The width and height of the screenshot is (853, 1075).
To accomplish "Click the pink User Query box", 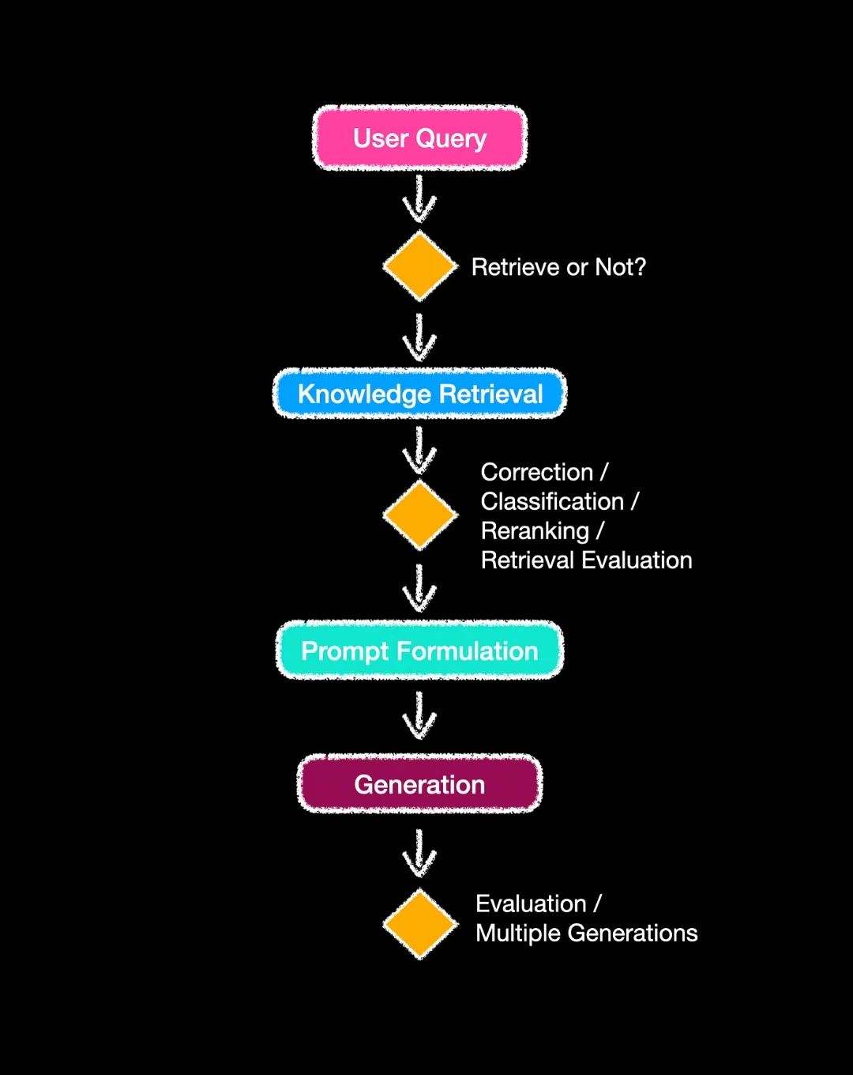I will tap(419, 138).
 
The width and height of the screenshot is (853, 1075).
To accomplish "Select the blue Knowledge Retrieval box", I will tap(419, 394).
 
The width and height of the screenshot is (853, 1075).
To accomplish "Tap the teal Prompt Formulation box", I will tap(419, 651).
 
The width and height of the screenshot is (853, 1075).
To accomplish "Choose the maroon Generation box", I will tap(419, 784).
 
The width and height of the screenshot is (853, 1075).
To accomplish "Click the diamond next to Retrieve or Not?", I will tap(420, 266).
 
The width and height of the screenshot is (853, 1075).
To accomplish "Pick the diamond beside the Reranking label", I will tap(420, 515).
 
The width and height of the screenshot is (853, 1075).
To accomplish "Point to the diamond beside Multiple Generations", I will tap(420, 924).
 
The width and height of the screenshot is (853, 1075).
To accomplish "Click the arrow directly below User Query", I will tap(419, 199).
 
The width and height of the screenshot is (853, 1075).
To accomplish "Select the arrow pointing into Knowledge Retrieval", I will tap(419, 338).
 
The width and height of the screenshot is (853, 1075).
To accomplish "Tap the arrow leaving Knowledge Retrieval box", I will tap(419, 451).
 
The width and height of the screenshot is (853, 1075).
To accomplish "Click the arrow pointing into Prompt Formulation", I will tap(419, 588).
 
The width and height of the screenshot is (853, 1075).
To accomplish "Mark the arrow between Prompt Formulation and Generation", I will tap(419, 716).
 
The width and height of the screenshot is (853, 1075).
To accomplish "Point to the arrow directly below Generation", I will tap(419, 854).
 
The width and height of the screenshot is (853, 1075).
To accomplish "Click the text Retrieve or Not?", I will tap(558, 267).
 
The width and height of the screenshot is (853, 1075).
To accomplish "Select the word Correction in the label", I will tap(536, 472).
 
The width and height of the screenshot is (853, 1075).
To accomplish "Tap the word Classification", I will tap(552, 501).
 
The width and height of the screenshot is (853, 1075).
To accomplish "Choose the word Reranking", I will tap(535, 531).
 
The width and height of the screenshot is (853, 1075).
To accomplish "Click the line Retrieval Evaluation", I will tap(586, 560).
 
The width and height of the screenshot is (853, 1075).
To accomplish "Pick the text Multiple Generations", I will tap(586, 934).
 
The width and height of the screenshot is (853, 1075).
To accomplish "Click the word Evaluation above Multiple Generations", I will tap(531, 903).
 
